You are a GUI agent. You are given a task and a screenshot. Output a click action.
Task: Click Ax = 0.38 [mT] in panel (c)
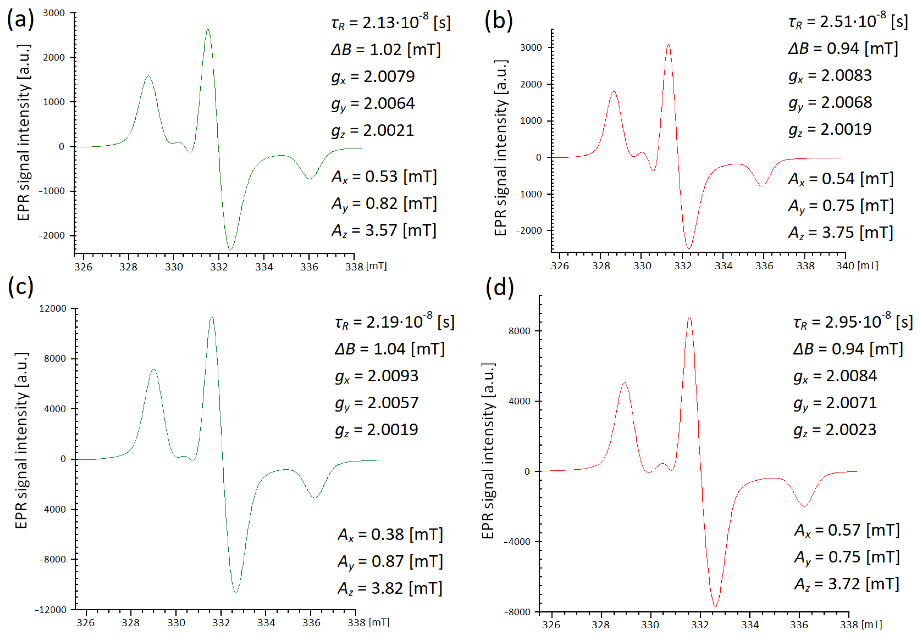tap(390, 535)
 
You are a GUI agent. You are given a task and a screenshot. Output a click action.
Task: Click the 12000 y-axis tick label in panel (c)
tap(53, 308)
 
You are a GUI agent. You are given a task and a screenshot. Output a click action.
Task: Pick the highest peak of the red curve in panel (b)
tap(668, 45)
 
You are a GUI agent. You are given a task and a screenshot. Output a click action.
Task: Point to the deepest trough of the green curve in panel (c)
tap(236, 592)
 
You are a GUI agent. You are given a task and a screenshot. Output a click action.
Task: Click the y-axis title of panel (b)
tap(501, 147)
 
